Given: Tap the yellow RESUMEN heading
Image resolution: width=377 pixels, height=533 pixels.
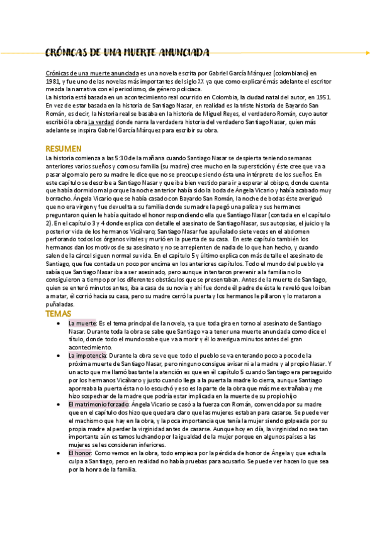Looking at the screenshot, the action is click(64, 148).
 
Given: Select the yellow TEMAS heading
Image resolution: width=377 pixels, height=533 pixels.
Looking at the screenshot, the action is click(59, 313).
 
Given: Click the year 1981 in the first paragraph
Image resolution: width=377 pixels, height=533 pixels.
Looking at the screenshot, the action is click(53, 82).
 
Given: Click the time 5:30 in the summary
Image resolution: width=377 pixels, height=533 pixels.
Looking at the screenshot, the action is click(121, 157).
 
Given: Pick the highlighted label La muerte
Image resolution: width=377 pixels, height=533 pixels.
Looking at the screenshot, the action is click(82, 322).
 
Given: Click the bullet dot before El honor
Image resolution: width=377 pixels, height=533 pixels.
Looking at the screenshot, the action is click(59, 453).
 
